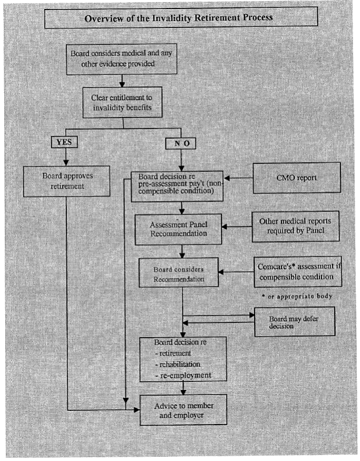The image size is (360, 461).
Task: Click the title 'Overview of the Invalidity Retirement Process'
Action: pos(178,18)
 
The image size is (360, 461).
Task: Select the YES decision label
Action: pos(64,142)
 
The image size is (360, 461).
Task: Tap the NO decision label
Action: pos(180,143)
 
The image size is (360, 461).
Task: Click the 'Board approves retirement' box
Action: pos(67,181)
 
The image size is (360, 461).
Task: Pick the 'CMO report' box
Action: pos(297,178)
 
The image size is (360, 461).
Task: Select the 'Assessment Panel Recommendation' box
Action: pos(178,229)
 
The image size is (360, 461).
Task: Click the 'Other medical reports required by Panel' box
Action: pos(296,226)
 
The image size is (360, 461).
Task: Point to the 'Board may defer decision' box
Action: pos(295,322)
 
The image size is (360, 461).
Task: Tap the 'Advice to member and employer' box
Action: pos(183,410)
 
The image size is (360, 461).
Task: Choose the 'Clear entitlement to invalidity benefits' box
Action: pos(122,102)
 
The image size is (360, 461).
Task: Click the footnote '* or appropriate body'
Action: pos(297,296)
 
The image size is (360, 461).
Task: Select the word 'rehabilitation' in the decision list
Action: pos(180,364)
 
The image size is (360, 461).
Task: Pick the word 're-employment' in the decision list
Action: pos(185,376)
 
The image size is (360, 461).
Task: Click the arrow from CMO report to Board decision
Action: pos(238,178)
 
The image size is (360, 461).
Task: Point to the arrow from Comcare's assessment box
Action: pos(236,272)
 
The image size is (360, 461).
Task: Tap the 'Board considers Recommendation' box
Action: pos(179,272)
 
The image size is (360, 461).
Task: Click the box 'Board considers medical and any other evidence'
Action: pos(122,59)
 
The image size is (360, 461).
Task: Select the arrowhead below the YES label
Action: pos(66,162)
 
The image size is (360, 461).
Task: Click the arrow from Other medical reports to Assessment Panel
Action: pos(237,227)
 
